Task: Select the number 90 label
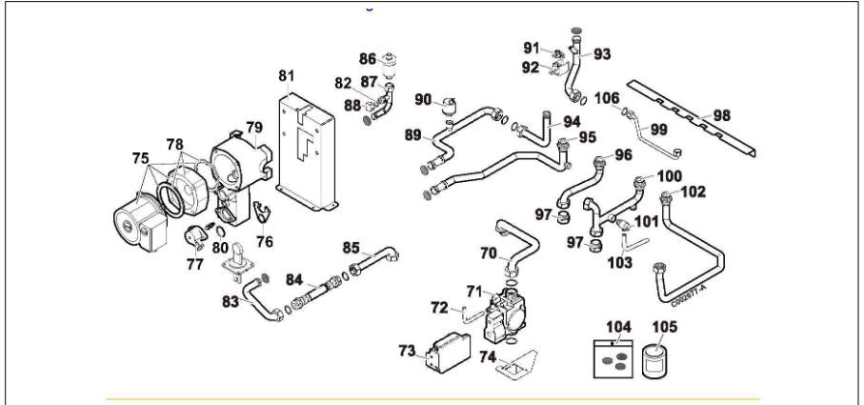[424, 100]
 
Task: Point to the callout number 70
[488, 254]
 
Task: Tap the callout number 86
[368, 58]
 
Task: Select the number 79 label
[254, 127]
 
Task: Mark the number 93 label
[601, 53]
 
